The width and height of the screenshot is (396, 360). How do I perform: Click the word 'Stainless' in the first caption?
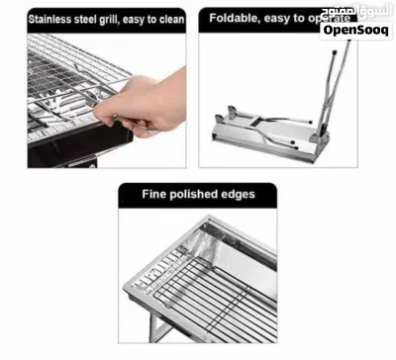(50, 19)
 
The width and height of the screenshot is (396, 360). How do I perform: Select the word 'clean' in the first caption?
(171, 19)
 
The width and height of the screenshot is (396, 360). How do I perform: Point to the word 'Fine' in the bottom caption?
(153, 194)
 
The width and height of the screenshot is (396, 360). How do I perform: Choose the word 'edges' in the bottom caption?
(239, 195)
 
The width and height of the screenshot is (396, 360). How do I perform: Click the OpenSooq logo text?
(355, 31)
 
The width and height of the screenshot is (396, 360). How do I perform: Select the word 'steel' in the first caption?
(85, 19)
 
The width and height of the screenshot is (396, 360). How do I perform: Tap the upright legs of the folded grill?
(334, 89)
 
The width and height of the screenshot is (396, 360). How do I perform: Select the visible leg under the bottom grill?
(155, 325)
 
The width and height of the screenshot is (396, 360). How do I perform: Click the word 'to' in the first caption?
(151, 19)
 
